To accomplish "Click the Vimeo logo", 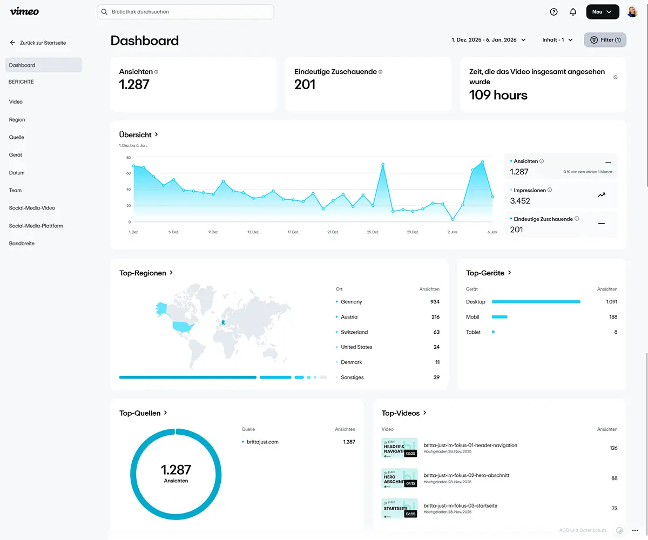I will click(24, 11).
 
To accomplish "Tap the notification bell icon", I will click(573, 12).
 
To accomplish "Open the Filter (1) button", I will click(605, 40).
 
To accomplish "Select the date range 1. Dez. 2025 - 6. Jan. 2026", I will click(484, 40).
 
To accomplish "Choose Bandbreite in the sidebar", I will click(22, 244).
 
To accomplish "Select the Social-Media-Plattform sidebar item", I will click(36, 226).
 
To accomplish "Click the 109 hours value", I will click(498, 96).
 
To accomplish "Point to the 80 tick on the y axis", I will click(129, 158).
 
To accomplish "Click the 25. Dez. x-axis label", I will click(373, 232).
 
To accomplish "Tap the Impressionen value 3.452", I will click(520, 201).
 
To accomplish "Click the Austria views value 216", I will click(435, 317).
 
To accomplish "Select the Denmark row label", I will click(352, 362).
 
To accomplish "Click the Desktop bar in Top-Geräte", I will click(536, 302).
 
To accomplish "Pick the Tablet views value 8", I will click(615, 332).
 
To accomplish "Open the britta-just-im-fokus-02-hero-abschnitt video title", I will click(466, 475).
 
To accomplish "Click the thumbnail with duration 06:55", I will click(399, 508).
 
